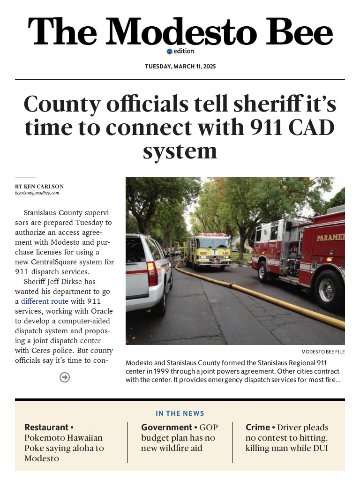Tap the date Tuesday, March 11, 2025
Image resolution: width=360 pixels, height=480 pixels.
tap(180, 67)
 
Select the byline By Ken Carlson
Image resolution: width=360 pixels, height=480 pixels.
tap(39, 187)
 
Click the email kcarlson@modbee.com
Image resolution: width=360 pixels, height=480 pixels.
tap(37, 193)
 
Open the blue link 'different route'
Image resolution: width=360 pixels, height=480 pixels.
tap(45, 301)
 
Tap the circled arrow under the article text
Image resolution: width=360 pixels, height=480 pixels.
tap(65, 377)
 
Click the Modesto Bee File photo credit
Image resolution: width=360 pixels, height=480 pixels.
tap(323, 352)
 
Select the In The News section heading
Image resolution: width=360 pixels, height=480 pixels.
tap(180, 413)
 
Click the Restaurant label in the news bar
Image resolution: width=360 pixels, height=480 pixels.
tap(46, 427)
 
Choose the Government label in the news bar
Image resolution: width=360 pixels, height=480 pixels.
tap(166, 427)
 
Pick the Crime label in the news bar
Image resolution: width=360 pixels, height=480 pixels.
tap(258, 427)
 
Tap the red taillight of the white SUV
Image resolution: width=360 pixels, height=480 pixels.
tap(152, 274)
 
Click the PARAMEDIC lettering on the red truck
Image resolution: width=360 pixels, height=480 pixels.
tap(330, 237)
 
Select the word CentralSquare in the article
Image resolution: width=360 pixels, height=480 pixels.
tap(53, 262)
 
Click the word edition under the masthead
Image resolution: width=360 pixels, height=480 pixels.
tap(183, 51)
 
